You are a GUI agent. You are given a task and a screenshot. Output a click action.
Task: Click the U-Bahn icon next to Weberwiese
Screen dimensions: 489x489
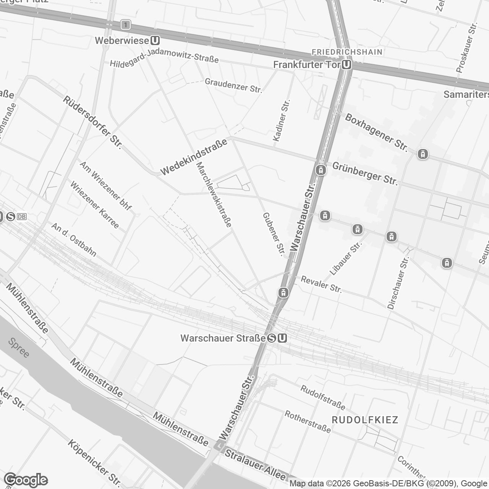pyautogui.click(x=155, y=40)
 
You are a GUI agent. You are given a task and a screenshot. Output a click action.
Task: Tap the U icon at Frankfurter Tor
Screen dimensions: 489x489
pyautogui.click(x=347, y=65)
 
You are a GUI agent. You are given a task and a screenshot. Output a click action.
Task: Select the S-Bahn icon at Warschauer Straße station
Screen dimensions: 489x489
pyautogui.click(x=272, y=338)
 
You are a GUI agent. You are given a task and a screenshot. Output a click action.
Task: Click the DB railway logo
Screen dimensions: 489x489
pyautogui.click(x=22, y=217)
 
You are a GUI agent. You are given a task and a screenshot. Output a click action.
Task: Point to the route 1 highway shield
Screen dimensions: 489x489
pyautogui.click(x=125, y=25)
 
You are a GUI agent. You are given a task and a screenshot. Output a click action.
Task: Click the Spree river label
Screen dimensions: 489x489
pyautogui.click(x=18, y=348)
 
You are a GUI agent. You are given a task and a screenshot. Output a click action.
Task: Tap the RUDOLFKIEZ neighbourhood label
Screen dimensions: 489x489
pyautogui.click(x=365, y=420)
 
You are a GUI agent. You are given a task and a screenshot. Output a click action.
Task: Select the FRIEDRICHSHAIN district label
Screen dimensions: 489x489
pyautogui.click(x=347, y=52)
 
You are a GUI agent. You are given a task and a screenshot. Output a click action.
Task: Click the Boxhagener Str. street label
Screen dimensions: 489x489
pyautogui.click(x=376, y=132)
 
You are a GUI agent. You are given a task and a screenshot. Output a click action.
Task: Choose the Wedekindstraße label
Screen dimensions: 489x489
pyautogui.click(x=194, y=157)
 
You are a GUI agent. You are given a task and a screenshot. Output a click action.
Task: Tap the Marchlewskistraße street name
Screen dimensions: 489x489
pyautogui.click(x=214, y=194)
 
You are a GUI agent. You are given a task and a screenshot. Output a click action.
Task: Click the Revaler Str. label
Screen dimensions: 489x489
pyautogui.click(x=321, y=284)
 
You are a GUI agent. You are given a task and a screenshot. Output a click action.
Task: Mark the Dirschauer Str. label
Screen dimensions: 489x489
pyautogui.click(x=398, y=283)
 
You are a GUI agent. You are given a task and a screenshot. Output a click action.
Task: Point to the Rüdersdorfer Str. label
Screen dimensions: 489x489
pyautogui.click(x=92, y=122)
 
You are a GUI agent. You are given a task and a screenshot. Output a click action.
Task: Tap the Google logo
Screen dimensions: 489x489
pyautogui.click(x=26, y=479)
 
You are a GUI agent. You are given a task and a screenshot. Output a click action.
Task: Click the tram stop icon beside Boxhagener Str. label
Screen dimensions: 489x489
pyautogui.click(x=423, y=154)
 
